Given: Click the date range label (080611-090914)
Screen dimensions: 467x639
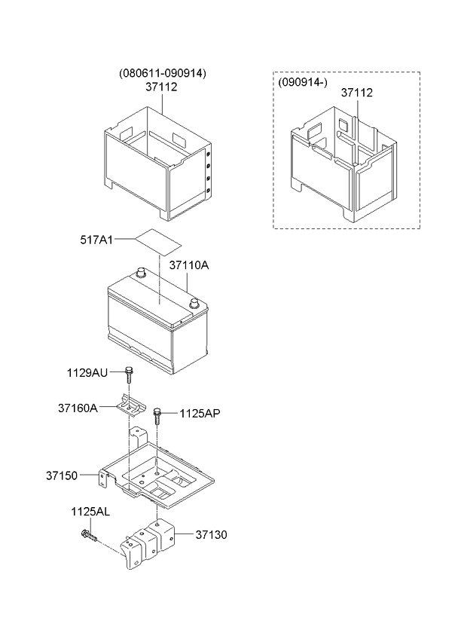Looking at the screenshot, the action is (x=163, y=73).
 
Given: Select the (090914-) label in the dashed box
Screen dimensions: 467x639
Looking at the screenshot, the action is (x=303, y=82).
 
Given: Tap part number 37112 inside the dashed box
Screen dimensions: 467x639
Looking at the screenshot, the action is (x=356, y=93).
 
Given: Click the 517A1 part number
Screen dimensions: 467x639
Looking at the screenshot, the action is (x=96, y=240).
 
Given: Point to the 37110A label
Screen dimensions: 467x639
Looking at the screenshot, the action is (x=189, y=265).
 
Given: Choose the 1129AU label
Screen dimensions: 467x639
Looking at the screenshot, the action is (x=87, y=372).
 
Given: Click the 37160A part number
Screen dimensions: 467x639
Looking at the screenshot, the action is (x=78, y=408).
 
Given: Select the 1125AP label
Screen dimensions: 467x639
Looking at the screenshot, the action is (x=200, y=414).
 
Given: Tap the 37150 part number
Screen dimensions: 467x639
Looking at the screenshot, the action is (x=62, y=475).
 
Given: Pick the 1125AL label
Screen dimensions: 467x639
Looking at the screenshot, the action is (x=90, y=512).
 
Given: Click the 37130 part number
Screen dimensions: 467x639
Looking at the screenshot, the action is (x=211, y=535).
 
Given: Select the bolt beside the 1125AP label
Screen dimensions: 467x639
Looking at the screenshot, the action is (x=157, y=416).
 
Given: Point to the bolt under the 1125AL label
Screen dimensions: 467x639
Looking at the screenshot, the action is (x=89, y=536).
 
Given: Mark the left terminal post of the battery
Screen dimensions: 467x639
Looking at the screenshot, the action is (x=141, y=272).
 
